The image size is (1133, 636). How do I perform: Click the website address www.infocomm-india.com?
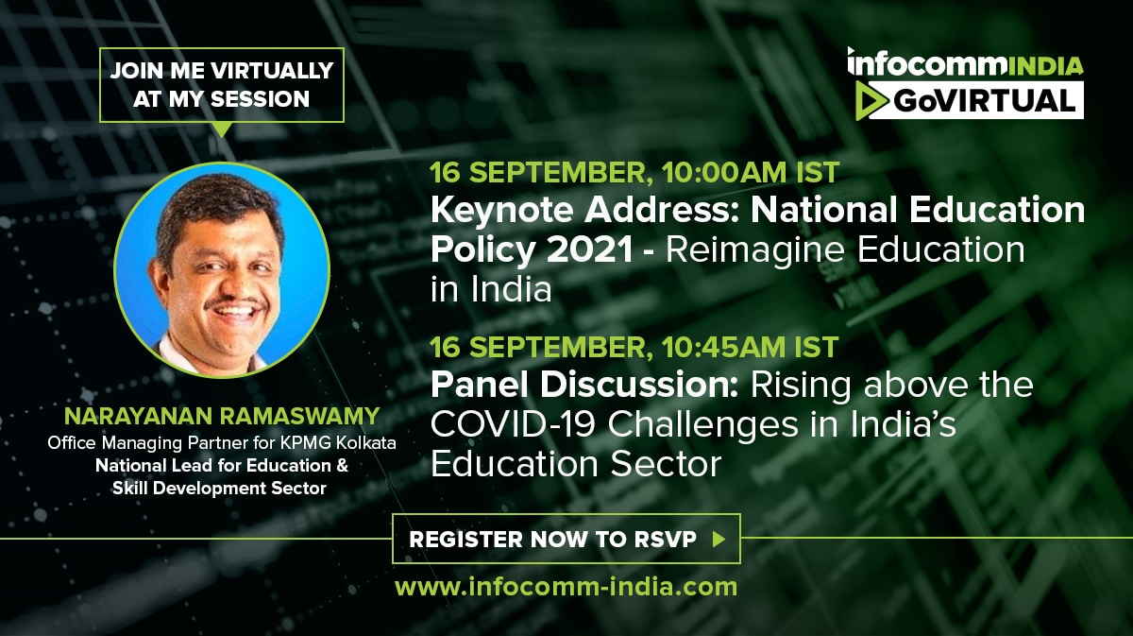tap(566, 587)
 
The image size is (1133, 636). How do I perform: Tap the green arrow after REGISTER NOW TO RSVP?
tap(719, 540)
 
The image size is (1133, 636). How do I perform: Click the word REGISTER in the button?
tap(465, 540)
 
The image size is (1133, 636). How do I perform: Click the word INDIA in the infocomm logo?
tap(1044, 67)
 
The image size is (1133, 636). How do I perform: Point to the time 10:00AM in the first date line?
tap(724, 173)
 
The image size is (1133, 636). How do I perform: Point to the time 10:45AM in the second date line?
tap(723, 348)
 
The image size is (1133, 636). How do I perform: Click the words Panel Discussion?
tap(584, 386)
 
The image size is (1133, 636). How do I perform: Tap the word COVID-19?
tap(513, 424)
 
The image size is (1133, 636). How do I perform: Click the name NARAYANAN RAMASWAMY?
tap(222, 416)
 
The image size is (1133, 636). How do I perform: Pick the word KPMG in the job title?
tap(307, 442)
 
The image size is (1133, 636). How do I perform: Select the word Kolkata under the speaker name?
tap(366, 442)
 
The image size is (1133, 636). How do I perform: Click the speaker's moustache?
tap(236, 303)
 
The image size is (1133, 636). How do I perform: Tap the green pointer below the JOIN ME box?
tap(222, 129)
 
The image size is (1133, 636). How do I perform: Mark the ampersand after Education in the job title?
tap(342, 465)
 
